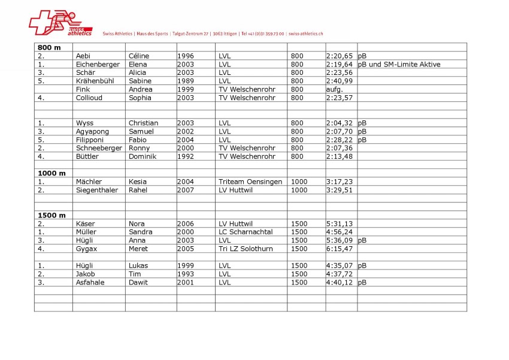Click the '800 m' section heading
(x=49, y=47)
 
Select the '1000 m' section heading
(x=51, y=173)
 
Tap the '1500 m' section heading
(x=51, y=215)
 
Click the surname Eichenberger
(x=98, y=64)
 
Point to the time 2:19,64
(x=340, y=64)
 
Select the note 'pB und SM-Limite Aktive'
(x=399, y=64)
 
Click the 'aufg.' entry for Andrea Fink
(x=335, y=89)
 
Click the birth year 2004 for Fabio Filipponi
(x=186, y=140)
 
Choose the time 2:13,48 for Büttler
(x=340, y=156)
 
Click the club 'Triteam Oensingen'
(x=250, y=181)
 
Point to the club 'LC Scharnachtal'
(x=246, y=232)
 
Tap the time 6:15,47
(x=340, y=249)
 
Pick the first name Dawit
(x=139, y=282)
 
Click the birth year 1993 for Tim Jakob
(x=186, y=274)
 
